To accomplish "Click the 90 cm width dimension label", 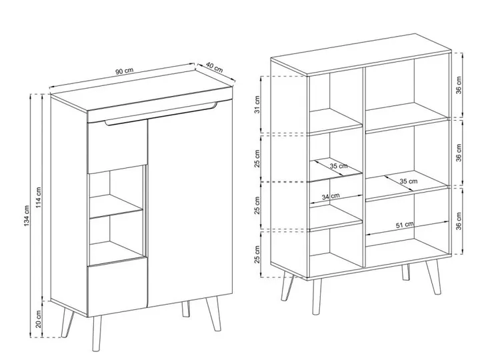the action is click(124, 71).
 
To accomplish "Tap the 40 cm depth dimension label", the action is click(214, 67).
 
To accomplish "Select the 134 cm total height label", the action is click(27, 216).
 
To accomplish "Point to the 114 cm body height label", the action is click(39, 197).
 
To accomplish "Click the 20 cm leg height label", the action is click(39, 319).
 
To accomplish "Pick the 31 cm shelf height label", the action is click(257, 105).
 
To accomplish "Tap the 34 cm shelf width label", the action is click(331, 196).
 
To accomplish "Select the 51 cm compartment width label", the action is click(405, 225).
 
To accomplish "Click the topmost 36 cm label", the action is click(458, 85).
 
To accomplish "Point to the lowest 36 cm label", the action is click(458, 221).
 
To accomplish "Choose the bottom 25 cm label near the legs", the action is click(257, 254).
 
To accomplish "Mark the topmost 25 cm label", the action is click(257, 159).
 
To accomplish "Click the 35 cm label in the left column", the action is click(339, 166).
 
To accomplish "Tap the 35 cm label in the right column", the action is click(409, 181).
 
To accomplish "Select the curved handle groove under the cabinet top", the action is click(161, 114).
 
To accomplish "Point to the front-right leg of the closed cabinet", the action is click(213, 313).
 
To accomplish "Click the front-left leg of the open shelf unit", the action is click(317, 296).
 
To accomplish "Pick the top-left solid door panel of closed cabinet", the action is click(117, 146).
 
